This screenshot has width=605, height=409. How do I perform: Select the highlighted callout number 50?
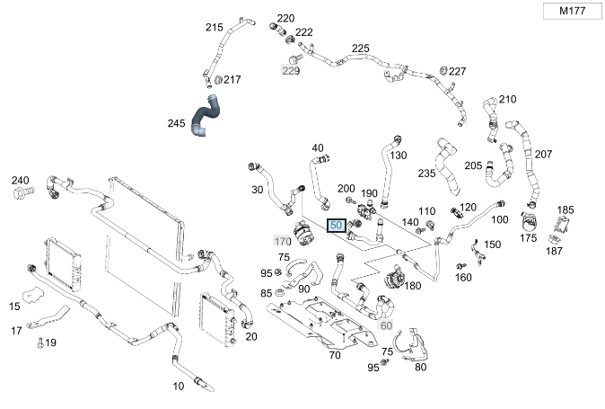[337, 226]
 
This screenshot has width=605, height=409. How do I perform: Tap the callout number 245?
[177, 122]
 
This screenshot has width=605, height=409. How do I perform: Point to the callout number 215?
[214, 28]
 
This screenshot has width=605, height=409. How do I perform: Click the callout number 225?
[361, 49]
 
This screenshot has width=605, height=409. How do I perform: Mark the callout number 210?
[508, 99]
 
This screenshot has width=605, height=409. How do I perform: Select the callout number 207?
[544, 154]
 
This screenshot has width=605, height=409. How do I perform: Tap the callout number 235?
[426, 173]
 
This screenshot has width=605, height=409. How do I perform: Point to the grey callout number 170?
[283, 241]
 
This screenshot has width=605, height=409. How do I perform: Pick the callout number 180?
[413, 286]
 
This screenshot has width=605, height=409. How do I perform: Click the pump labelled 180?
[390, 279]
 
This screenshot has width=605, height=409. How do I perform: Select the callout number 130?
[399, 155]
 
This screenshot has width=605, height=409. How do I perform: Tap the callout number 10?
[179, 386]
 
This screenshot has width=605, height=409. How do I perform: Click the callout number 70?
[335, 355]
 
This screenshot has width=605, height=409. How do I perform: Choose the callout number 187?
[554, 251]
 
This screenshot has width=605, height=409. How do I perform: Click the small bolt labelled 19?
[40, 342]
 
